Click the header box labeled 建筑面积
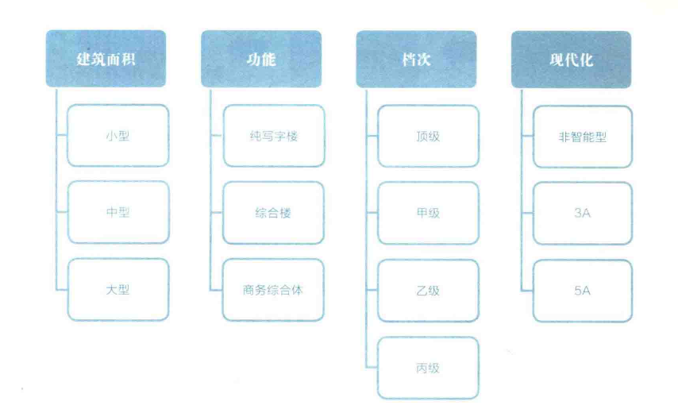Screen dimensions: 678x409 [x=106, y=58]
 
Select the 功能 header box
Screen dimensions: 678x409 [x=261, y=59]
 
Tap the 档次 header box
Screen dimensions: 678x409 [x=416, y=60]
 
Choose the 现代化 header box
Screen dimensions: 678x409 [x=571, y=60]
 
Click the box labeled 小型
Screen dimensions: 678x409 [x=118, y=135]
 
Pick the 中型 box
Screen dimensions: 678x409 [x=118, y=212]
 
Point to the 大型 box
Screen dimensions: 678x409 [x=118, y=289]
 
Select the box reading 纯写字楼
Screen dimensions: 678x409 [x=274, y=136]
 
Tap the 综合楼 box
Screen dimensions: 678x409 [x=273, y=213]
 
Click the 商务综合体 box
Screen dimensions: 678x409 [x=273, y=290]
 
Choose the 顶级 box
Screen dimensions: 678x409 [x=428, y=136]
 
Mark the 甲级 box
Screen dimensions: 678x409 [x=428, y=213]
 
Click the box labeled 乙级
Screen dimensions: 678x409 [x=428, y=291]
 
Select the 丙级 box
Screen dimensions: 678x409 [x=428, y=368]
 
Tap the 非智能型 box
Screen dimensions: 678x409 [x=583, y=137]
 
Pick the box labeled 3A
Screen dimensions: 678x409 [x=583, y=213]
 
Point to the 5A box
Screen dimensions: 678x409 [x=583, y=291]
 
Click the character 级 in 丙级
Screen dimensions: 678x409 [x=434, y=368]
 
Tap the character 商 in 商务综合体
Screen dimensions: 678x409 [x=248, y=290]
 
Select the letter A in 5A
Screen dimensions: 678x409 [x=587, y=291]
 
